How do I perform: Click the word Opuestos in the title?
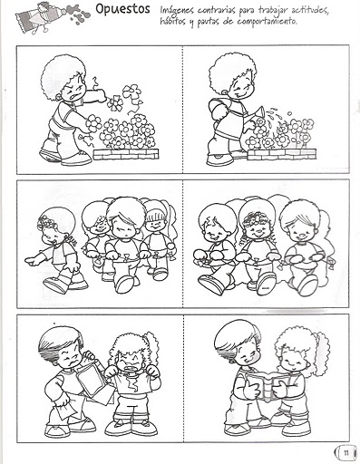click(x=122, y=9)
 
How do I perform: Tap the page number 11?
click(x=346, y=453)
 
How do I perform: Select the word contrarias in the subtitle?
click(x=217, y=10)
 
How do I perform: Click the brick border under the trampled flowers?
click(x=126, y=154)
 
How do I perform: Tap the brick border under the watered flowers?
click(x=282, y=154)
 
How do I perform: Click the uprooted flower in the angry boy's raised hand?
click(x=115, y=102)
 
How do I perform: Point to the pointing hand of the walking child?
click(x=32, y=260)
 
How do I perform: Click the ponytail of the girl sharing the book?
click(x=320, y=352)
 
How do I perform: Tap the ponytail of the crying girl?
click(x=152, y=347)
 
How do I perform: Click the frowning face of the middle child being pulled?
click(x=124, y=228)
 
